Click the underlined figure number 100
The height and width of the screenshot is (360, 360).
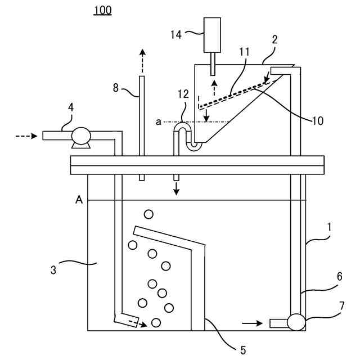[102, 10]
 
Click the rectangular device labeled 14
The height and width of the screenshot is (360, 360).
[211, 34]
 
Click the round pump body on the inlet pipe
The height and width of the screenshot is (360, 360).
[81, 136]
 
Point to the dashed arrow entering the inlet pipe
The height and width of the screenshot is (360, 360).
[26, 136]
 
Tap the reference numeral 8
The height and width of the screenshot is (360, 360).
[116, 87]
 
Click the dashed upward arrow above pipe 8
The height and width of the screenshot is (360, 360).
[142, 60]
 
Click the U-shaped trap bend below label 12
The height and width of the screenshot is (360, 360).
[193, 146]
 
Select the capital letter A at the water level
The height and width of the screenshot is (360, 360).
[79, 199]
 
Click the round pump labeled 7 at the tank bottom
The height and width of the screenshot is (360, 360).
[296, 322]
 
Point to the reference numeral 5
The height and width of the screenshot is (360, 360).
[243, 350]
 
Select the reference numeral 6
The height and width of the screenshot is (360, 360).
[339, 277]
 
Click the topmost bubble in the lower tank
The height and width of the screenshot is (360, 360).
[148, 214]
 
